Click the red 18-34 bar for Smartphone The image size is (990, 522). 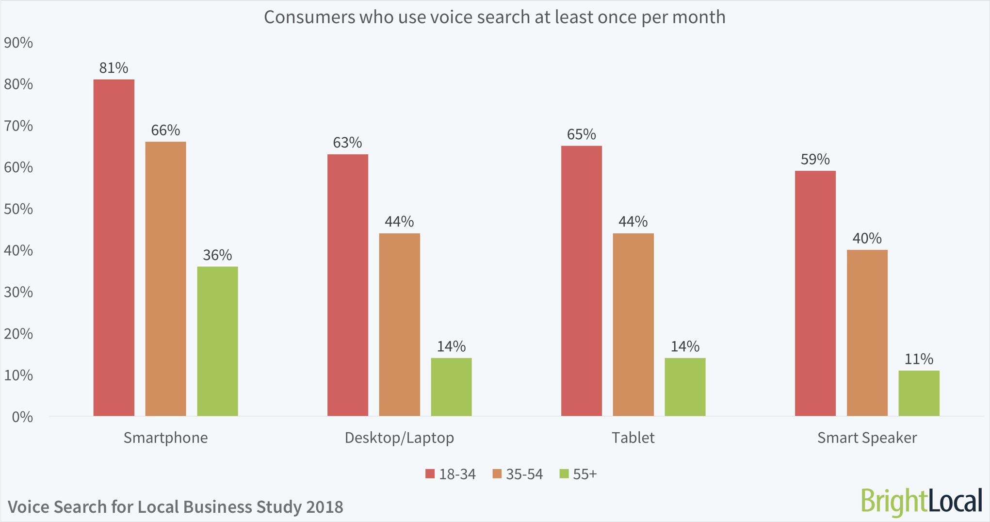coord(114,247)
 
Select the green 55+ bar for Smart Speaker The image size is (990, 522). coord(919,393)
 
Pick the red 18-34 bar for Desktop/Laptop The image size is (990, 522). coord(347,285)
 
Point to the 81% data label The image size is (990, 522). coord(114,68)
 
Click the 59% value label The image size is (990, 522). coord(815,159)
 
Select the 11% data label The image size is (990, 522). coord(919,359)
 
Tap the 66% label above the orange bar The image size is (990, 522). coord(165,130)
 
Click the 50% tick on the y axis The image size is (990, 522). coord(18,209)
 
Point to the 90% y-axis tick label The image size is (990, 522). coord(18,43)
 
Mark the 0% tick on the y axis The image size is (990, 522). coord(22,417)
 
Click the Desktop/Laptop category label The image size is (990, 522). coord(399,438)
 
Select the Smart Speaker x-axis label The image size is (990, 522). coord(867,438)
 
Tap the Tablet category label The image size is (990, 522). coord(633,438)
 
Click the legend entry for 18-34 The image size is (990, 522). coord(451,474)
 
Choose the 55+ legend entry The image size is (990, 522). coord(578,474)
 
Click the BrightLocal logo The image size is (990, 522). coord(921,501)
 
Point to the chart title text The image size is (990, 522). coord(494,17)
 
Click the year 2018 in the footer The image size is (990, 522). coord(325,506)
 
